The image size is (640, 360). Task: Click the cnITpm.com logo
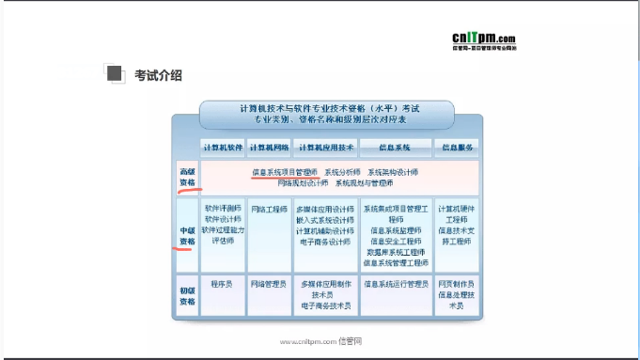coord(483,38)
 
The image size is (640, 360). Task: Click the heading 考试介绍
coord(158,75)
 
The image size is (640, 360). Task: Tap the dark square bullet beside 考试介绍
coord(115,74)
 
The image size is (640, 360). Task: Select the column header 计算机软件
coord(223,148)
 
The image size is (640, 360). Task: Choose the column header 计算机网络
coord(270,148)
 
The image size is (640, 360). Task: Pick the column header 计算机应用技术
coord(325,148)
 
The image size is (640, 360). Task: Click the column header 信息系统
coord(395,148)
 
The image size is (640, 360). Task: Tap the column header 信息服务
coord(456,148)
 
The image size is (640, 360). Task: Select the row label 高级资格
coord(188,177)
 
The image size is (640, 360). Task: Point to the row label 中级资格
coord(188,235)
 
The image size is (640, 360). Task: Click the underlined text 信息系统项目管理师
coord(285,172)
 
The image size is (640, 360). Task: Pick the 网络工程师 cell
coord(270,209)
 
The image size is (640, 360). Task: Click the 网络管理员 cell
coord(270,283)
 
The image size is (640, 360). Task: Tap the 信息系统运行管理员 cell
coord(395,283)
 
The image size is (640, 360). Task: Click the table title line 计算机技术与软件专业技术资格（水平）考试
coord(326,109)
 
